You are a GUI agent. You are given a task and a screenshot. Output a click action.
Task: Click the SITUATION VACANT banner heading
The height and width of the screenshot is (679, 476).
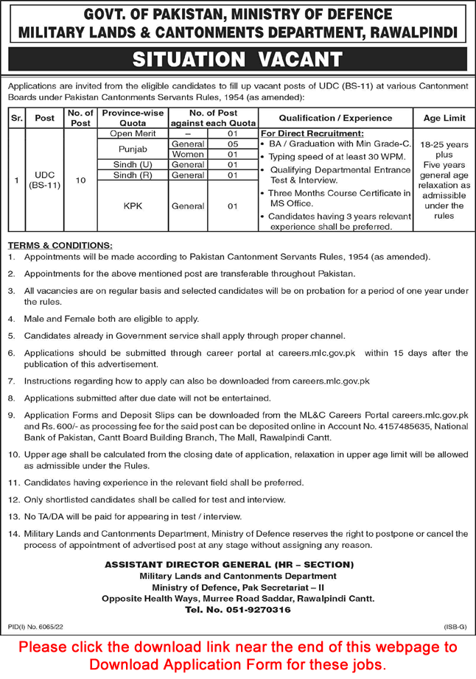pos(237,59)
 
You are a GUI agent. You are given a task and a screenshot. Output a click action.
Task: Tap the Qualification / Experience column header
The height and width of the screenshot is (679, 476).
pos(335,117)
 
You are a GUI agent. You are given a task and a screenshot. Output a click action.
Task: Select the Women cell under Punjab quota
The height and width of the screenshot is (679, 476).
pos(187,155)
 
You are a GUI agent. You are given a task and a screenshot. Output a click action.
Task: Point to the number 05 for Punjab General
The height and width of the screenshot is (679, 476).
pos(231,144)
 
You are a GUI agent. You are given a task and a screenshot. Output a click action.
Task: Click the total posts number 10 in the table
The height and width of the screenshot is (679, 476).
pos(80,180)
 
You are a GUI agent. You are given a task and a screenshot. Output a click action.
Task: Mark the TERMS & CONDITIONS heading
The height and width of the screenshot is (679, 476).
pos(60,244)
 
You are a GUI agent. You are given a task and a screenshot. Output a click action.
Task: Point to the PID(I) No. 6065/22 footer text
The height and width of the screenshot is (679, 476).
pos(35,625)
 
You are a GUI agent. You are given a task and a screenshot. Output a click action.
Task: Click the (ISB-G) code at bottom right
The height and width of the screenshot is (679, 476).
pos(453,625)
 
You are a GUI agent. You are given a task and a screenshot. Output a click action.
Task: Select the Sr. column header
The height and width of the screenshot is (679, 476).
pos(15,117)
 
